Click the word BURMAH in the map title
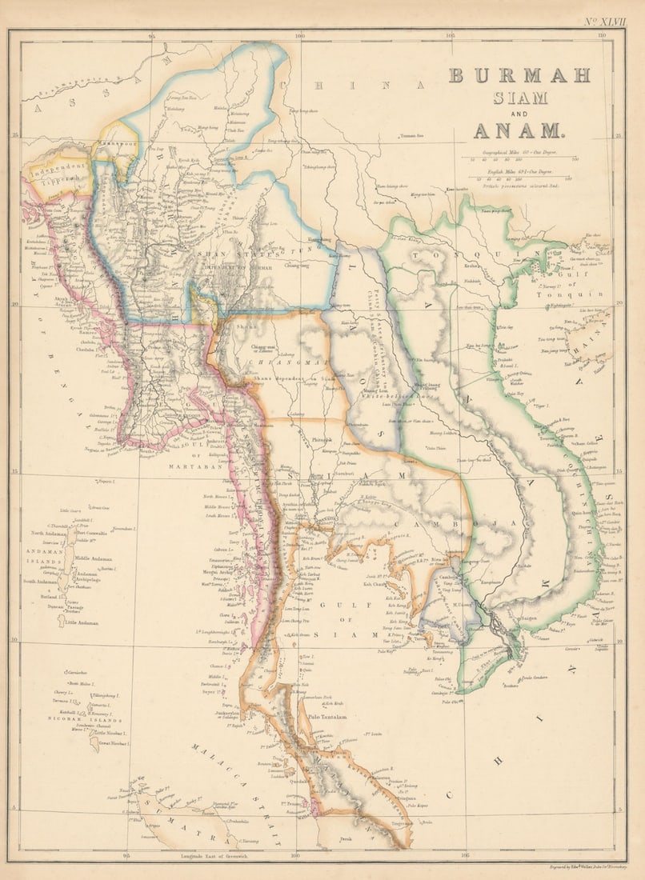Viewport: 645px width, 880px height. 519,75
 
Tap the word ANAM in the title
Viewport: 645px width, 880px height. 519,130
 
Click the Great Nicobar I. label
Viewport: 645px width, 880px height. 114,743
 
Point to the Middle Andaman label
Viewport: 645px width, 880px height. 94,559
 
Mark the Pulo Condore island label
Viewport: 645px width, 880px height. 528,679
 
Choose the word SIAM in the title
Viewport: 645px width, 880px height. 520,98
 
